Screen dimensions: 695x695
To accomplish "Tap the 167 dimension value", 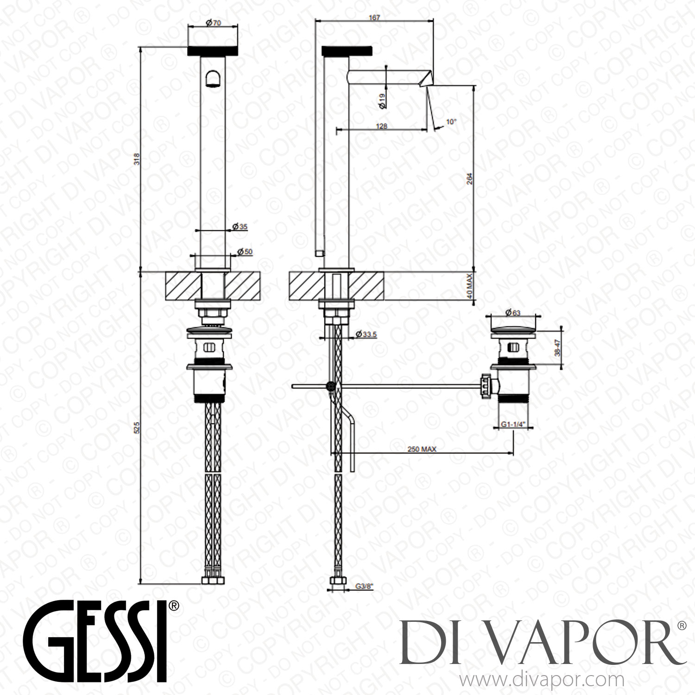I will click(374, 18).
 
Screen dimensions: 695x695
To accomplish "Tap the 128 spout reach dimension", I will click(381, 126).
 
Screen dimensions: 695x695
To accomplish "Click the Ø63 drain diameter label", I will click(513, 312).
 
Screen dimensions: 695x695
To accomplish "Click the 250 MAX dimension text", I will click(422, 449).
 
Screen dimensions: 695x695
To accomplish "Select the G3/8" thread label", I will click(364, 586).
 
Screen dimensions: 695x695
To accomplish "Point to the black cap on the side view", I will click(347, 51).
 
